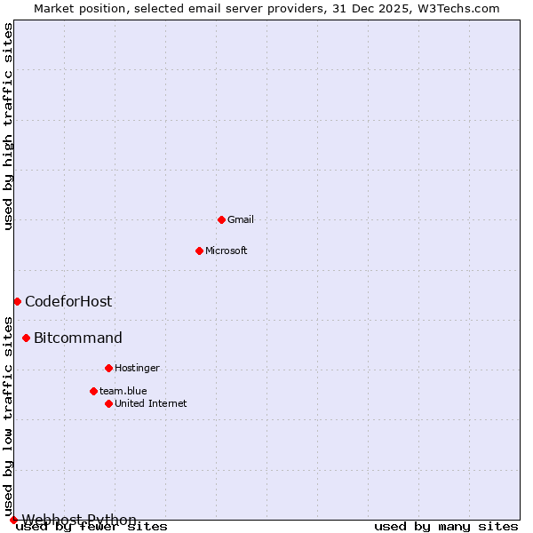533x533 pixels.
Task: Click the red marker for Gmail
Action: point(221,219)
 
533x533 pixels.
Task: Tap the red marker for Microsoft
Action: point(199,251)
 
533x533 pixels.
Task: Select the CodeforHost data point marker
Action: point(17,301)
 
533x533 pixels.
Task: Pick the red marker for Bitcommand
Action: point(26,338)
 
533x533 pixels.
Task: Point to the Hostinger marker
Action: point(108,368)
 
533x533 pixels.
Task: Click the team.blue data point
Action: point(93,391)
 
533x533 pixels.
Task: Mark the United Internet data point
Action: point(108,403)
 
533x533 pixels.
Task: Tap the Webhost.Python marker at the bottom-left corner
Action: point(13,520)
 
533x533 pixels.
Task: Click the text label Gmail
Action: point(241,219)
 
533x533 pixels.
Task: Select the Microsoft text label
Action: point(226,251)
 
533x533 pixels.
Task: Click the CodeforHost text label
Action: point(68,301)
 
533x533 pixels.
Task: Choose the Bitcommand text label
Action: point(78,338)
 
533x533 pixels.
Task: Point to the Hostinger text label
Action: point(137,368)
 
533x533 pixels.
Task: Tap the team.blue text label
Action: point(123,391)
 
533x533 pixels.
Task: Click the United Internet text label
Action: point(150,403)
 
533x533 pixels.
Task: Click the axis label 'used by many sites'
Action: point(446,526)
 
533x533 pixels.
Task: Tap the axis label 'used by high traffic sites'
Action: point(8,127)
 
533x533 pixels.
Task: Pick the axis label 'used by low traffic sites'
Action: point(8,417)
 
